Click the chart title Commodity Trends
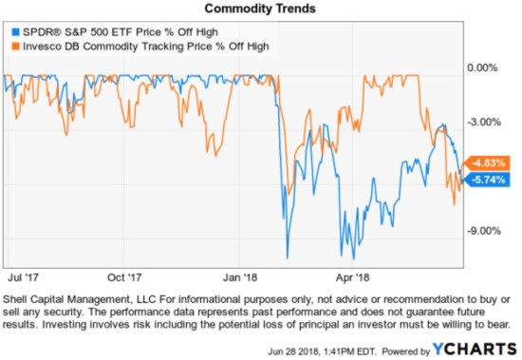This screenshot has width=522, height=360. (x=260, y=9)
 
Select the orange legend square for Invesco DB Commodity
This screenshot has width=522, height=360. (x=11, y=46)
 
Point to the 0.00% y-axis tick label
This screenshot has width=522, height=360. (x=484, y=67)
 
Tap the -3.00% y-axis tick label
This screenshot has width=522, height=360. (x=484, y=122)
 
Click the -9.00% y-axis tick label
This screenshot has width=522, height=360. (x=484, y=230)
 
